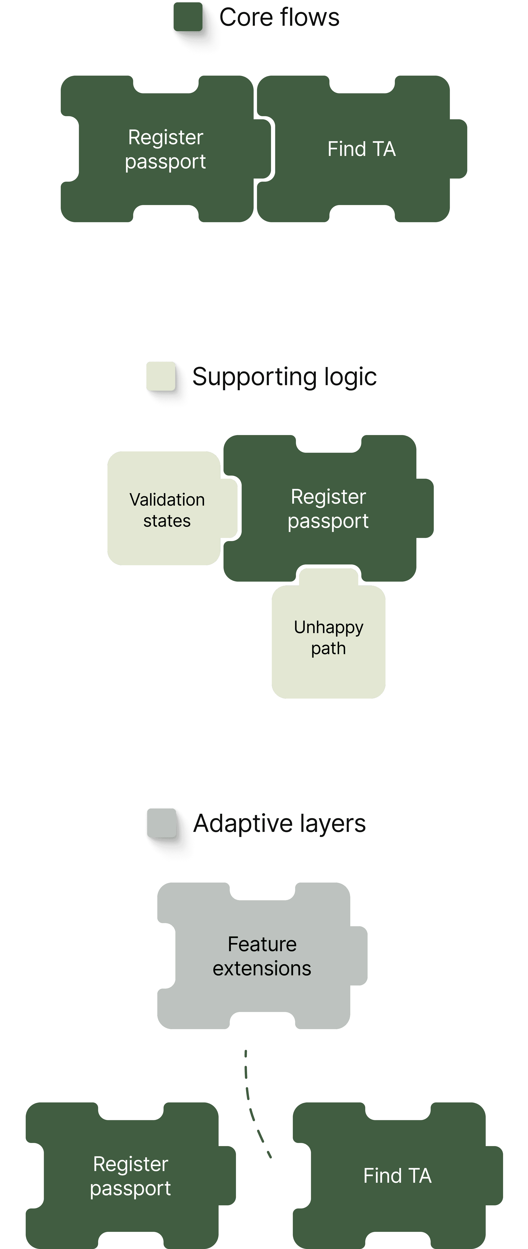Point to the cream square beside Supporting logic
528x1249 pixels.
click(161, 376)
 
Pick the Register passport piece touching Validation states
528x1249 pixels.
click(328, 509)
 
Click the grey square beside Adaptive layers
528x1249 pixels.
click(161, 822)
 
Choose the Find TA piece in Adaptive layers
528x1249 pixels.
click(397, 1176)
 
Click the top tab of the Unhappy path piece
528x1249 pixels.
click(328, 577)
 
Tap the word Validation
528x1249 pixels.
click(167, 499)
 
